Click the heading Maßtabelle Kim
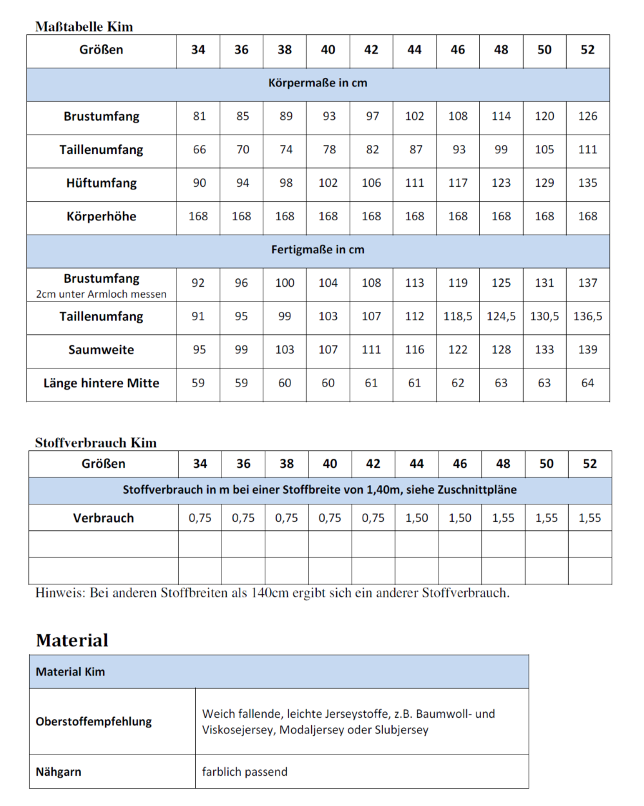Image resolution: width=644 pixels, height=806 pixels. (84, 27)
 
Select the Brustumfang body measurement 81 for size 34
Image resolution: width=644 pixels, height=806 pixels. (199, 117)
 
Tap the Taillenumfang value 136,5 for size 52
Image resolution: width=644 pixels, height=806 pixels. (587, 316)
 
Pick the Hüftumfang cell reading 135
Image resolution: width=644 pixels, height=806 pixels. (587, 183)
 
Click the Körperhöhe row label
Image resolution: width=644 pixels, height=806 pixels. (101, 216)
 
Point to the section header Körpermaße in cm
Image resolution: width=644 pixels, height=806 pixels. (317, 83)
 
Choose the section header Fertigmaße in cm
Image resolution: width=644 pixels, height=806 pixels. (317, 250)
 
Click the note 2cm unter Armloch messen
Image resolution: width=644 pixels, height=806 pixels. (101, 294)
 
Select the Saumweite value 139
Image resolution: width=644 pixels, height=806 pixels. (587, 350)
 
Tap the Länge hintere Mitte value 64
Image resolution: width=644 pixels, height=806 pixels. (587, 383)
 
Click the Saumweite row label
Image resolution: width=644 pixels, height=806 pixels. (101, 350)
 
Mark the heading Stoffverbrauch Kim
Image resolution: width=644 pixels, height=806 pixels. (96, 443)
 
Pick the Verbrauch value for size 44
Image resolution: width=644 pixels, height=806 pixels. (417, 518)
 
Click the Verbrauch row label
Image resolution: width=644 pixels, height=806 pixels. (103, 518)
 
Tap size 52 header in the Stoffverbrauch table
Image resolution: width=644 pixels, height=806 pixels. (589, 464)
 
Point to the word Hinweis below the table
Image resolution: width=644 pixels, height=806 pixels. (59, 593)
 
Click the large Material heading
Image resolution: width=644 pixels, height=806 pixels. (72, 640)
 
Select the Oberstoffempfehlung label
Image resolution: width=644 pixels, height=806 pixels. (93, 722)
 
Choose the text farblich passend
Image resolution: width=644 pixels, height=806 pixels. (245, 772)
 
